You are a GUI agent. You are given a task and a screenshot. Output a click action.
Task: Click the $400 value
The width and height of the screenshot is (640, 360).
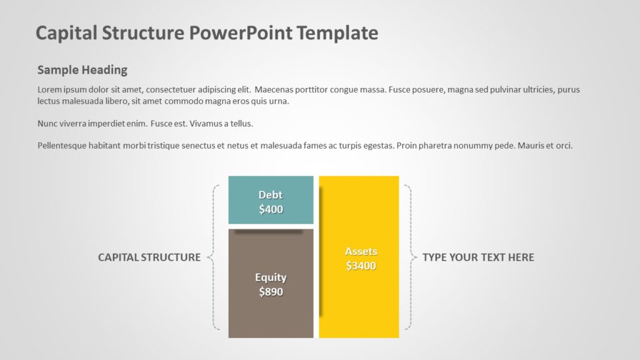coord(271,209)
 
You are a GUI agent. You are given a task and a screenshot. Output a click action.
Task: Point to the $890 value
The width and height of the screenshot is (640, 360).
coord(271,291)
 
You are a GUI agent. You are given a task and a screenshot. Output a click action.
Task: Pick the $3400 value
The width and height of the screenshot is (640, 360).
coord(361,266)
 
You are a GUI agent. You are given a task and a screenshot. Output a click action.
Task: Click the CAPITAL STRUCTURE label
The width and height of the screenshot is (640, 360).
coord(149,257)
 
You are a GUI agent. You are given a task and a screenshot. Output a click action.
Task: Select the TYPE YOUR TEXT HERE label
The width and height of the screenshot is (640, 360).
coord(478,257)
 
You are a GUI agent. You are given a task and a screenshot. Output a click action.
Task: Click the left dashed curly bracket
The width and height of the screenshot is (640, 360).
coord(214,257)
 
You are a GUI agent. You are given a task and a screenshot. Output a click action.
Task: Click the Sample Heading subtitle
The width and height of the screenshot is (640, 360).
coord(82,70)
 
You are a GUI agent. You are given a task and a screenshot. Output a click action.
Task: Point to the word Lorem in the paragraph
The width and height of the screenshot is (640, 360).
coord(49,89)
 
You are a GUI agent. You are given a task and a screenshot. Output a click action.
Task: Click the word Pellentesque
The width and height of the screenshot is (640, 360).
coord(64,146)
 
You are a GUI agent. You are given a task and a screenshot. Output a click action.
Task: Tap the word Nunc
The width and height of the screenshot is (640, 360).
coord(47,124)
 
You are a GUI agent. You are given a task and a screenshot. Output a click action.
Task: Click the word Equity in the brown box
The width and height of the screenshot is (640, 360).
coord(271,277)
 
